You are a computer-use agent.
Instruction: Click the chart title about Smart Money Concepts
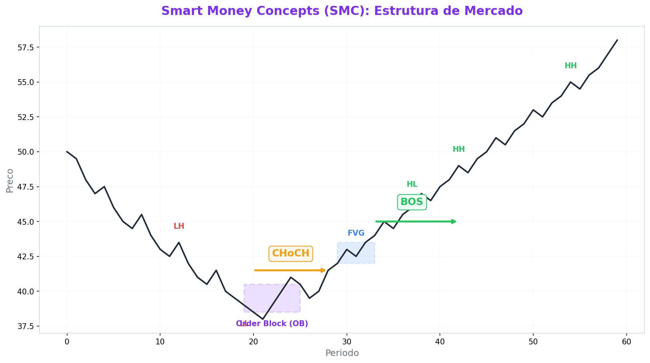click(x=342, y=11)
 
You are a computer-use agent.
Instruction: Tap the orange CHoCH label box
click(x=291, y=253)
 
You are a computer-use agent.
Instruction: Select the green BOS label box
click(x=411, y=202)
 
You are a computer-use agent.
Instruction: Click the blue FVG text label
click(x=356, y=233)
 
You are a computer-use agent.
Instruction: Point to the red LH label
click(x=179, y=226)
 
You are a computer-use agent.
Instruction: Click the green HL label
click(x=412, y=184)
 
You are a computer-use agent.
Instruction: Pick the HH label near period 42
click(x=459, y=149)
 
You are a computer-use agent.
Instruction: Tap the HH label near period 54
click(x=570, y=66)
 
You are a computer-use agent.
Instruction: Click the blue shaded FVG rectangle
click(x=356, y=252)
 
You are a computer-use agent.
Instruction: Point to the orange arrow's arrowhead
click(x=324, y=270)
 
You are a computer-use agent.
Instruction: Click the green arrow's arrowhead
click(x=454, y=221)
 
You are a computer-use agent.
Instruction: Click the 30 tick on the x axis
click(x=347, y=342)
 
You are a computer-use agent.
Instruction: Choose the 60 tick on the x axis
click(x=626, y=342)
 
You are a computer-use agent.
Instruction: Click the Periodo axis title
click(x=342, y=353)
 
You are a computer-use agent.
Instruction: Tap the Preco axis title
click(x=10, y=181)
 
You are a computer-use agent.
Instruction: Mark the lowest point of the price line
click(x=263, y=319)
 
